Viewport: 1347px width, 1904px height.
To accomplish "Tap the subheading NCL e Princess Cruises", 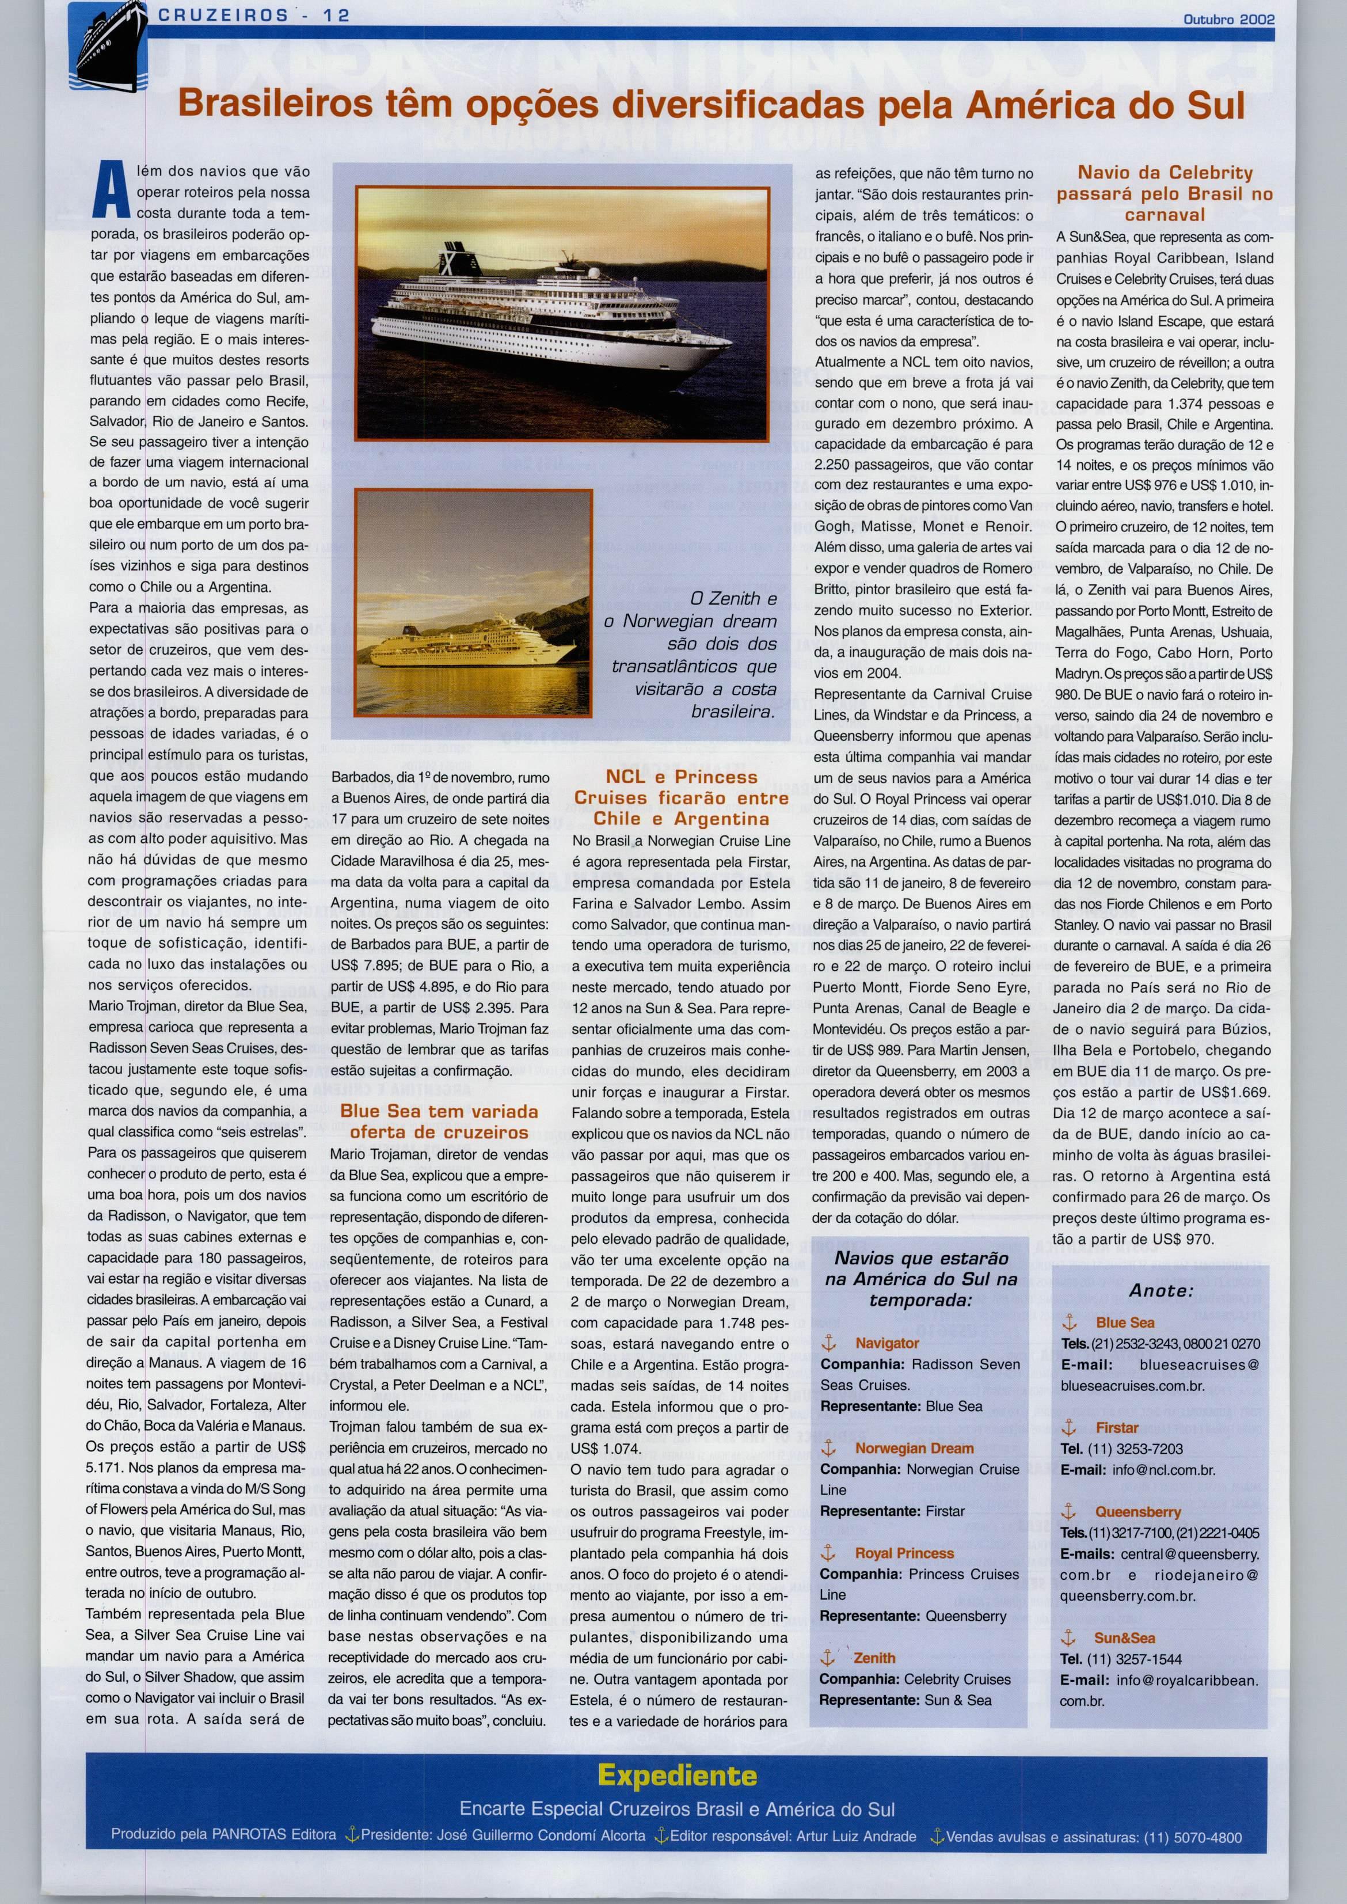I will (x=681, y=797).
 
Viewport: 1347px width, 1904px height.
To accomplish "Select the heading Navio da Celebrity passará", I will (x=1165, y=193).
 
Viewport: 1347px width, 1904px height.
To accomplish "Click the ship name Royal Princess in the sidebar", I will (x=904, y=1553).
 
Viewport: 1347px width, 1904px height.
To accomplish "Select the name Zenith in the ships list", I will (x=874, y=1658).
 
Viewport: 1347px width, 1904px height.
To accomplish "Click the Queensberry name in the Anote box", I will (x=1138, y=1511).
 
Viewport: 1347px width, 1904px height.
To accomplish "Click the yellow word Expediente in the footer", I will (x=678, y=1776).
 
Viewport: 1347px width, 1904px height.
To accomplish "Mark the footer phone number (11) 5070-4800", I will (x=1192, y=1837).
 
